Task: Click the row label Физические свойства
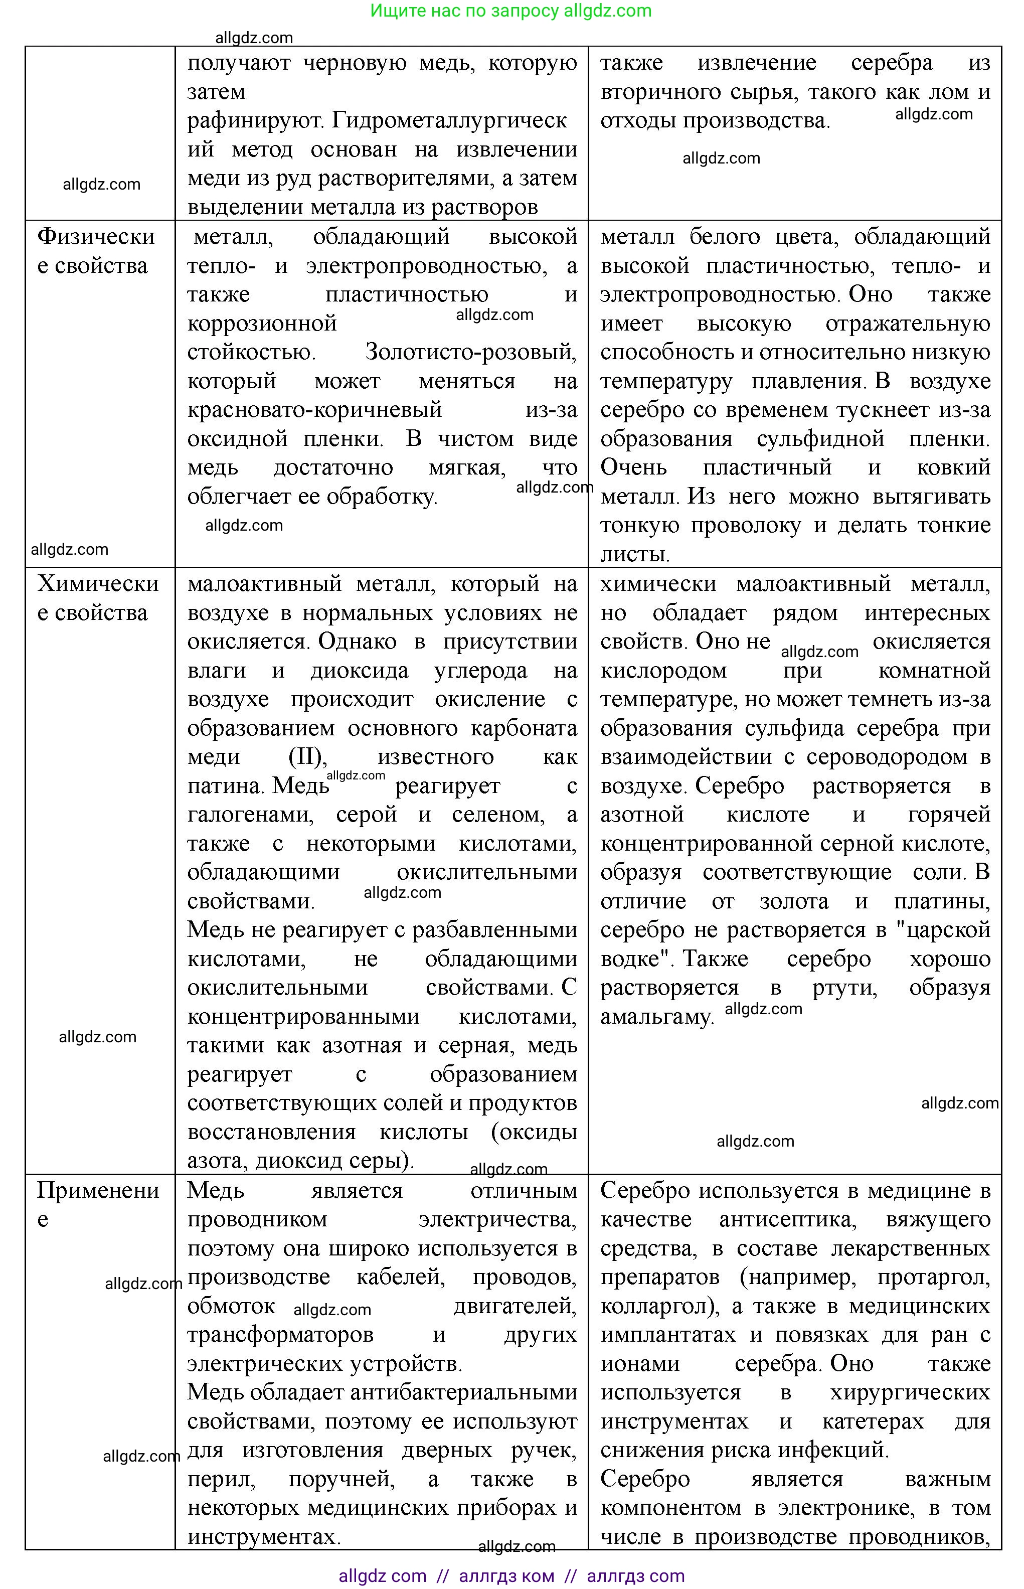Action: [96, 251]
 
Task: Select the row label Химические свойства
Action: [98, 597]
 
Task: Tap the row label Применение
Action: [98, 1204]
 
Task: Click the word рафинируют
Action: [257, 120]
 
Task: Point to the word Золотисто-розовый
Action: [471, 352]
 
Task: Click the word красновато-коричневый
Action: [314, 410]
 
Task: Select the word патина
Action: [227, 785]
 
